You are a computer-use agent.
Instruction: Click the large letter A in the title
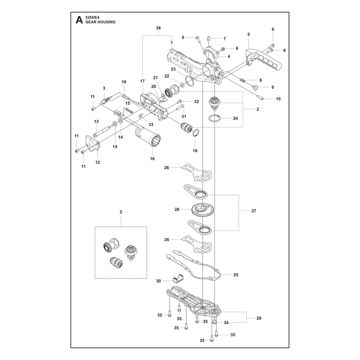click(79, 20)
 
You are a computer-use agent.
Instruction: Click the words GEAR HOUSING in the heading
click(100, 22)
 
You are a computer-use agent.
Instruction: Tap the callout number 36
click(158, 28)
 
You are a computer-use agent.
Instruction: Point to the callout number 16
click(152, 159)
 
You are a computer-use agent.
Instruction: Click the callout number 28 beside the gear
click(177, 209)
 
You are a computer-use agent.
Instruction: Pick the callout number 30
click(158, 281)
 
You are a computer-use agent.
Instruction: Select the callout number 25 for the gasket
click(236, 275)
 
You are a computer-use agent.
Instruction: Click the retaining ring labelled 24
click(214, 118)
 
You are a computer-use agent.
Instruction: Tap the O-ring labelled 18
click(195, 132)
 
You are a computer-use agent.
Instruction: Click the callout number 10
click(278, 99)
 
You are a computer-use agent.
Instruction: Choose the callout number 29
click(259, 318)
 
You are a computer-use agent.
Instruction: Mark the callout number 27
click(253, 211)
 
